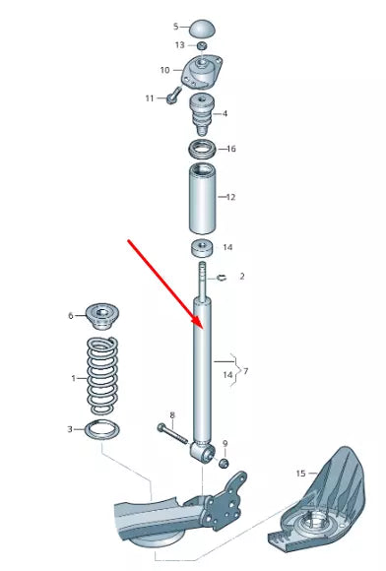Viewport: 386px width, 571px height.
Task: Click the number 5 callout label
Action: click(176, 27)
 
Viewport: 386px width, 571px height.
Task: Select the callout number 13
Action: click(179, 45)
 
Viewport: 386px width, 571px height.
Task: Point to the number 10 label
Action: click(165, 70)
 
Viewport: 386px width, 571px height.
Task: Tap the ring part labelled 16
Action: click(201, 151)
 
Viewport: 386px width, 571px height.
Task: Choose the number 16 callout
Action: click(231, 150)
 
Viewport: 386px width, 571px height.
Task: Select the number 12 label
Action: click(231, 197)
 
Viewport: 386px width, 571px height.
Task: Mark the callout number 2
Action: click(241, 277)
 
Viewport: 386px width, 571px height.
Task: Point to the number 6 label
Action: click(71, 315)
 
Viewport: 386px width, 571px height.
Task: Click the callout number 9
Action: click(225, 444)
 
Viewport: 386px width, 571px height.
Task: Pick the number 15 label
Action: click(300, 474)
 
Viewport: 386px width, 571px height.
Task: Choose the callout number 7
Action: click(245, 371)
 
